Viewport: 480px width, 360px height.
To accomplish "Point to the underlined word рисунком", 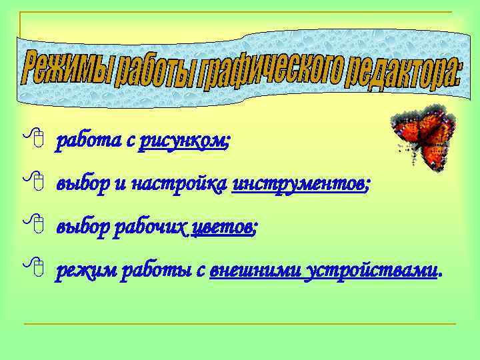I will (x=181, y=141).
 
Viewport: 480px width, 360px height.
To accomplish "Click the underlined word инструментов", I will (x=298, y=183).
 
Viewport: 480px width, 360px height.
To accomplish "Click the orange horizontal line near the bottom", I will (x=240, y=324).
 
